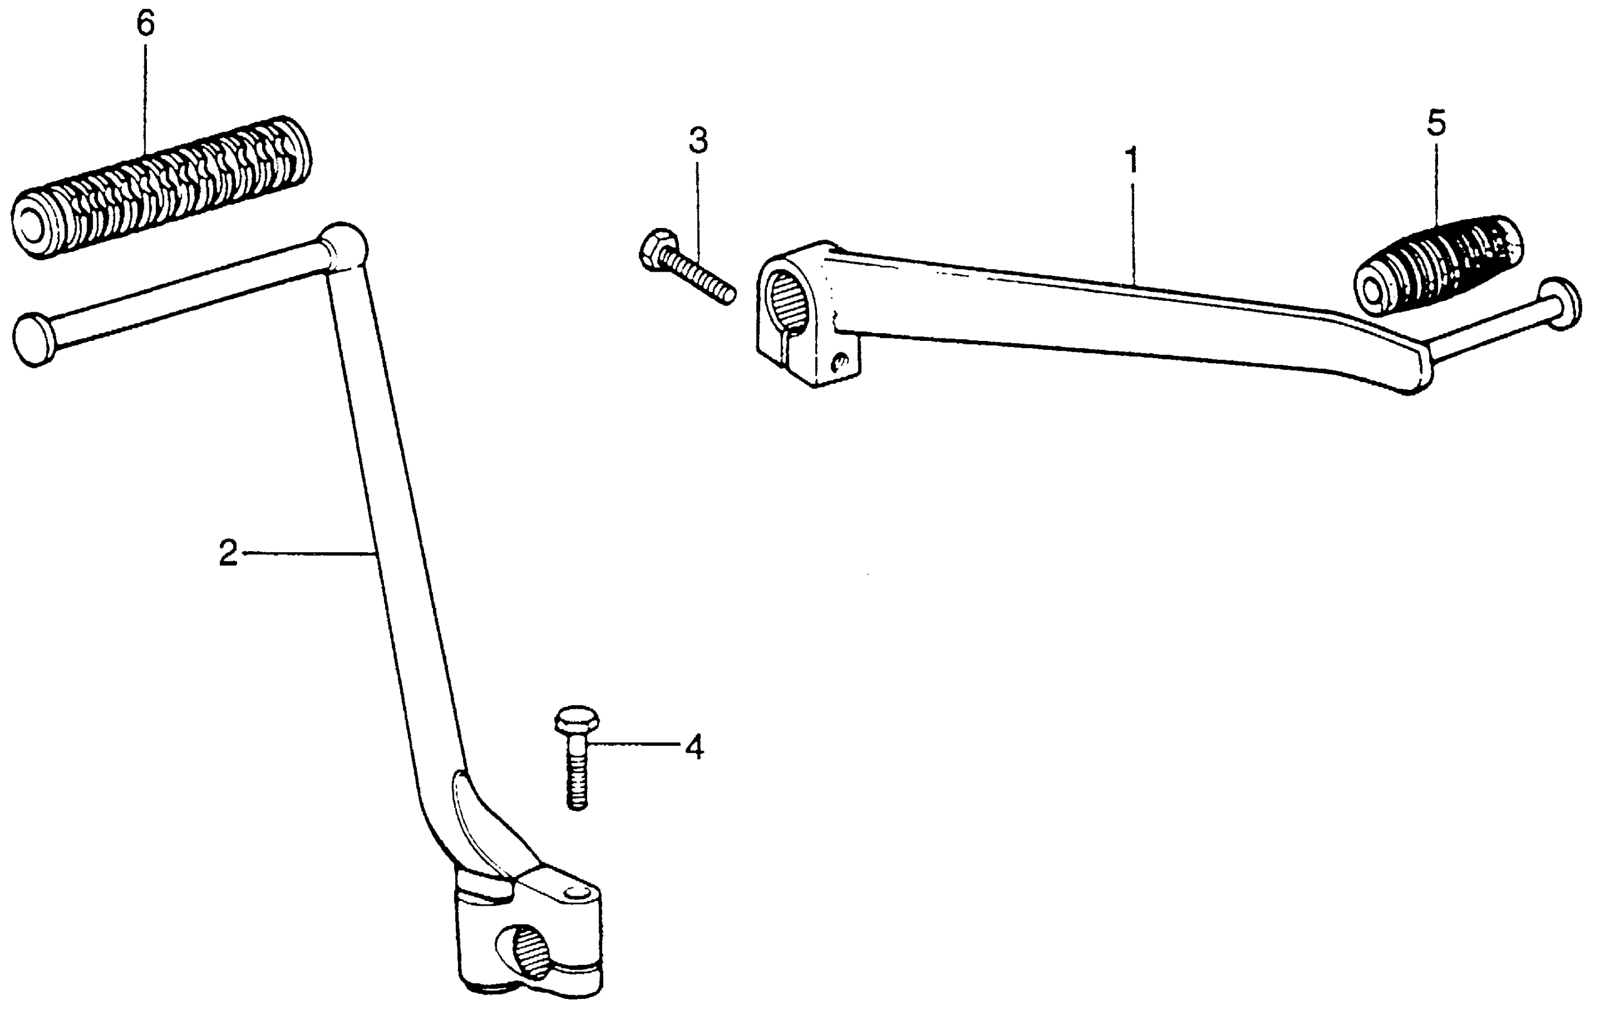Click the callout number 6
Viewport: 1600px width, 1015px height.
point(146,24)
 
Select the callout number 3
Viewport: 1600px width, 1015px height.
point(698,142)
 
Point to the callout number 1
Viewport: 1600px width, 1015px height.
point(1131,161)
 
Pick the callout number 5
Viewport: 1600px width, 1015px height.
point(1436,124)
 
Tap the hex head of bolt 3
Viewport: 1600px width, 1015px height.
point(659,249)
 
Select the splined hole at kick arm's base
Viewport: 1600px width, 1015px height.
point(530,952)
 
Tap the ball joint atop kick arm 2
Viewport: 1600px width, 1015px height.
point(343,247)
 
